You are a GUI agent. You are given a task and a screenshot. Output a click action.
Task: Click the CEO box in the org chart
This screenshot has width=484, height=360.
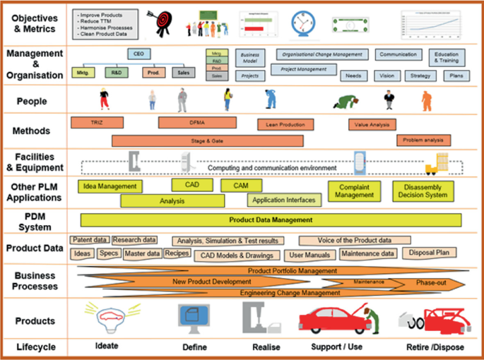coord(138,54)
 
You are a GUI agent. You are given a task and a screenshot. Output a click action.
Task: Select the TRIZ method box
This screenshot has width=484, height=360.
coord(97,123)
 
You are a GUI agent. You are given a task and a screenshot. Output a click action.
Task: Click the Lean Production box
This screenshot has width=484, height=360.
coord(285,125)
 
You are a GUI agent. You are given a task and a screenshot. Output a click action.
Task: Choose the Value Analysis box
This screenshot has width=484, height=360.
coord(378,125)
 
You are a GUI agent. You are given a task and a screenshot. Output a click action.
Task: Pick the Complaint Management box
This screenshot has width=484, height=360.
coord(355,191)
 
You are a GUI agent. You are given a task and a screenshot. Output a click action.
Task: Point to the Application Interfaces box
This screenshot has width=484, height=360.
coord(283,200)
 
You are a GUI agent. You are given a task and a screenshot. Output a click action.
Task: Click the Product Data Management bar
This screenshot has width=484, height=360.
coord(271,220)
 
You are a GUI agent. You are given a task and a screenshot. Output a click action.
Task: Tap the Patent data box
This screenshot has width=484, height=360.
coord(90,240)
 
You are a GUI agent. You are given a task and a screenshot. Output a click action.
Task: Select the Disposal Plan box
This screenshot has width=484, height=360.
coord(430,253)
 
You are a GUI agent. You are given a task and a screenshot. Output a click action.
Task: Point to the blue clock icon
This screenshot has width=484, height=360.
coord(304,23)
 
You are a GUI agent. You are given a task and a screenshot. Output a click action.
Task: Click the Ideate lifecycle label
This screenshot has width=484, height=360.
coord(107,347)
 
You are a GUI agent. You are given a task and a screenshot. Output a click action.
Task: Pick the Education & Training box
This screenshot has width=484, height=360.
coord(447,57)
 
